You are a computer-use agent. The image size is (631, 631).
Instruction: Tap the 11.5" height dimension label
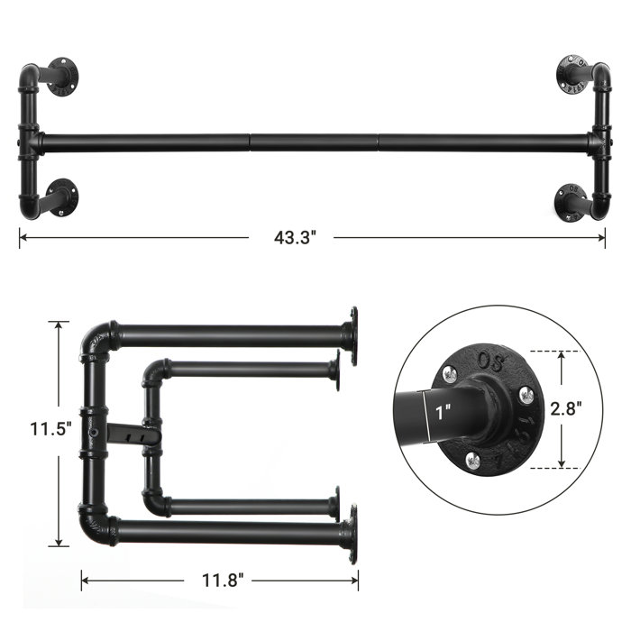(33, 429)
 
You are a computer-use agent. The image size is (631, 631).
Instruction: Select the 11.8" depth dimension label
(217, 579)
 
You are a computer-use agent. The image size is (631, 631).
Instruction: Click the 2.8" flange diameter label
(590, 407)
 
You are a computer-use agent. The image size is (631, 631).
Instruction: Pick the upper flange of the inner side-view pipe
(334, 370)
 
